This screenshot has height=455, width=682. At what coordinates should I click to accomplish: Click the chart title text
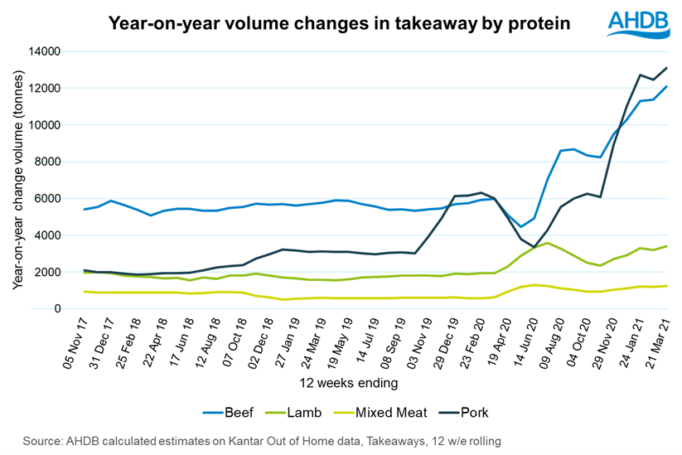340,24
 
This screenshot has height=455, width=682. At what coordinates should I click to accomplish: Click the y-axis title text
19,181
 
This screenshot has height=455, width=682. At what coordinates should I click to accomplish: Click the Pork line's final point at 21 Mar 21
665,68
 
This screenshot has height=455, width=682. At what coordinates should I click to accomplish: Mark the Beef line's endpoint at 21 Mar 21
665,86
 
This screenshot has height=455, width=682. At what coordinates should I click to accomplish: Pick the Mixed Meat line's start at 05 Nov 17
85,292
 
